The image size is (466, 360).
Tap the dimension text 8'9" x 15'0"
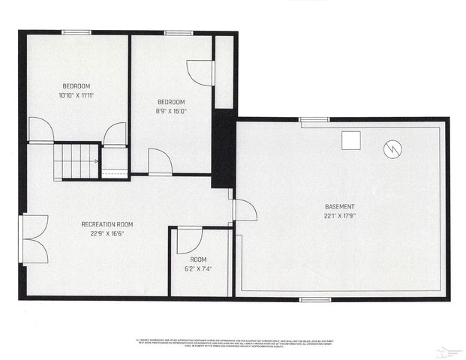click(x=171, y=111)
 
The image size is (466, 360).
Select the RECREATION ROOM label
click(x=107, y=223)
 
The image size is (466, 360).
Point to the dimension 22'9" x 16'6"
click(x=107, y=233)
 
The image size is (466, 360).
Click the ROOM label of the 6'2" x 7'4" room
click(x=198, y=259)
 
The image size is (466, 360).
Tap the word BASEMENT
click(x=340, y=206)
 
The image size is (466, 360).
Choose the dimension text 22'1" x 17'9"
click(x=340, y=216)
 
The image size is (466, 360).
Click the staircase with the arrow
click(x=77, y=160)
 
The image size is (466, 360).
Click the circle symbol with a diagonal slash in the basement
click(x=392, y=149)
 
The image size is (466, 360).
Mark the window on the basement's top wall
click(x=314, y=119)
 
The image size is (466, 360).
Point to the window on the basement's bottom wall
click(x=314, y=299)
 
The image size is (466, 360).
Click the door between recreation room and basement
click(x=243, y=211)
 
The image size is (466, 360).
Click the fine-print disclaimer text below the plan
click(x=233, y=341)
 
